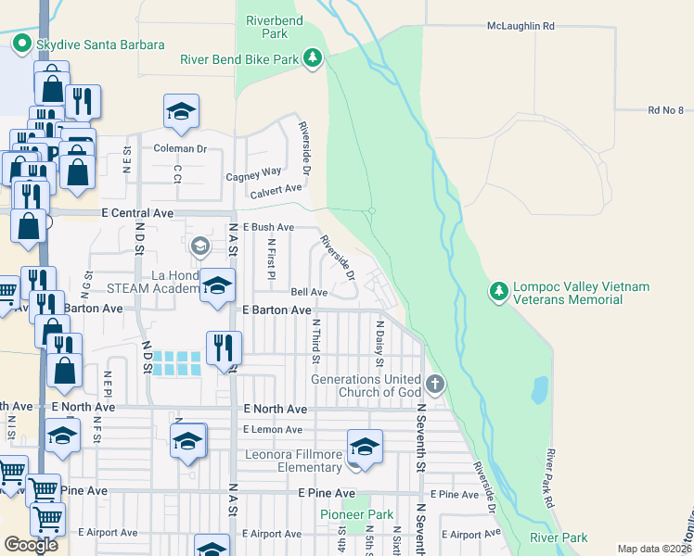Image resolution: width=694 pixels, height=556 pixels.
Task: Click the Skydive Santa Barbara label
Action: coord(100,44)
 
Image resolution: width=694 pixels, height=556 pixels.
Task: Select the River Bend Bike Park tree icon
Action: coord(314,59)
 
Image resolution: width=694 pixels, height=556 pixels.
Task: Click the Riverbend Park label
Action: coord(269,26)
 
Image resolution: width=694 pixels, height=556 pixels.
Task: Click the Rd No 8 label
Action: coord(666,110)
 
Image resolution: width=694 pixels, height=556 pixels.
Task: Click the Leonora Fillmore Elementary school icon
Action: coord(365,448)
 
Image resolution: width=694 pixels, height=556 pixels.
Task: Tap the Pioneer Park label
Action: coord(357,514)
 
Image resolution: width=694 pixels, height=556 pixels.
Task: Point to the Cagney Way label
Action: coord(253,172)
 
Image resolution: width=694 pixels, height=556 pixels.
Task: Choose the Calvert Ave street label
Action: coord(276,190)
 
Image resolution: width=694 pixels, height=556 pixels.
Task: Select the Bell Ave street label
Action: coord(309,292)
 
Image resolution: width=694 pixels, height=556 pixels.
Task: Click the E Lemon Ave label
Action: coord(273,429)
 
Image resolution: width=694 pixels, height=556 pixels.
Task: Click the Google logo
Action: coord(31,545)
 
